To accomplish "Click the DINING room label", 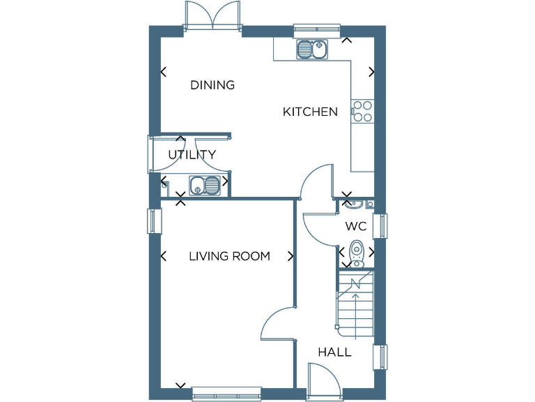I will [212, 86].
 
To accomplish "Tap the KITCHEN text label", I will [310, 112].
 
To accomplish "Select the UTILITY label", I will [192, 155].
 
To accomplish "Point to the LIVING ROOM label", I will [229, 256].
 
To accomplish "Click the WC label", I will [356, 227].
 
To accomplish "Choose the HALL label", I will [334, 352].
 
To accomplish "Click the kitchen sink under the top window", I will [312, 49].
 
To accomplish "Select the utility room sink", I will [205, 185].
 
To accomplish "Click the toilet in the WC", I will [357, 253].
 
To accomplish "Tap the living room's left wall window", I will [154, 221].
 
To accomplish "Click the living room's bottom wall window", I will [226, 394].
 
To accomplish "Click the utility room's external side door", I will [150, 154].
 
